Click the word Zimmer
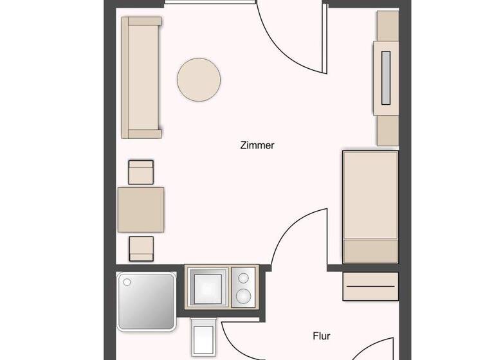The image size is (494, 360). coord(257,145)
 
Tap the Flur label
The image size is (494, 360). coord(321,336)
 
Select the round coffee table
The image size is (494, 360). coord(199,79)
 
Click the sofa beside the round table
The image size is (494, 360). coord(142,78)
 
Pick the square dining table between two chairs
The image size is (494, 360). coord(141,210)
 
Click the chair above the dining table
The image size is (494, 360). coord(142,172)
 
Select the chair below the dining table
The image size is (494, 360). coord(142,248)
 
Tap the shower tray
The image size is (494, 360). coord(147,301)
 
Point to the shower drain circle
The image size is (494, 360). coord(127,282)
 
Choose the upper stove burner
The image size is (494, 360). coord(244,278)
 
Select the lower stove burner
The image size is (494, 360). coord(244,296)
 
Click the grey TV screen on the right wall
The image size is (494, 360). coord(385,78)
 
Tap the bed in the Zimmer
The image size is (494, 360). coord(370,206)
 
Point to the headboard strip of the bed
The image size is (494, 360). coord(370,251)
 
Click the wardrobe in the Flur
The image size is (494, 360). coord(370,286)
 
